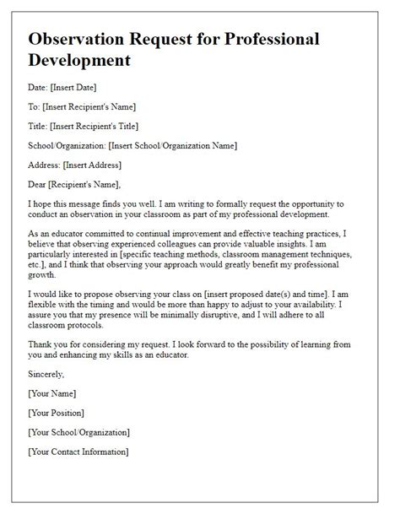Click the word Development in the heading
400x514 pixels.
click(x=80, y=61)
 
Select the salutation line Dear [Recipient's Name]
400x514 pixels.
click(x=75, y=184)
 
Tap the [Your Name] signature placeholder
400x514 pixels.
click(x=52, y=393)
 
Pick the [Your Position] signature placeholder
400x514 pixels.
click(x=57, y=413)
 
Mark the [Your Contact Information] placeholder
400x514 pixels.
click(x=78, y=452)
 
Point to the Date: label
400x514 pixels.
click(x=39, y=87)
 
